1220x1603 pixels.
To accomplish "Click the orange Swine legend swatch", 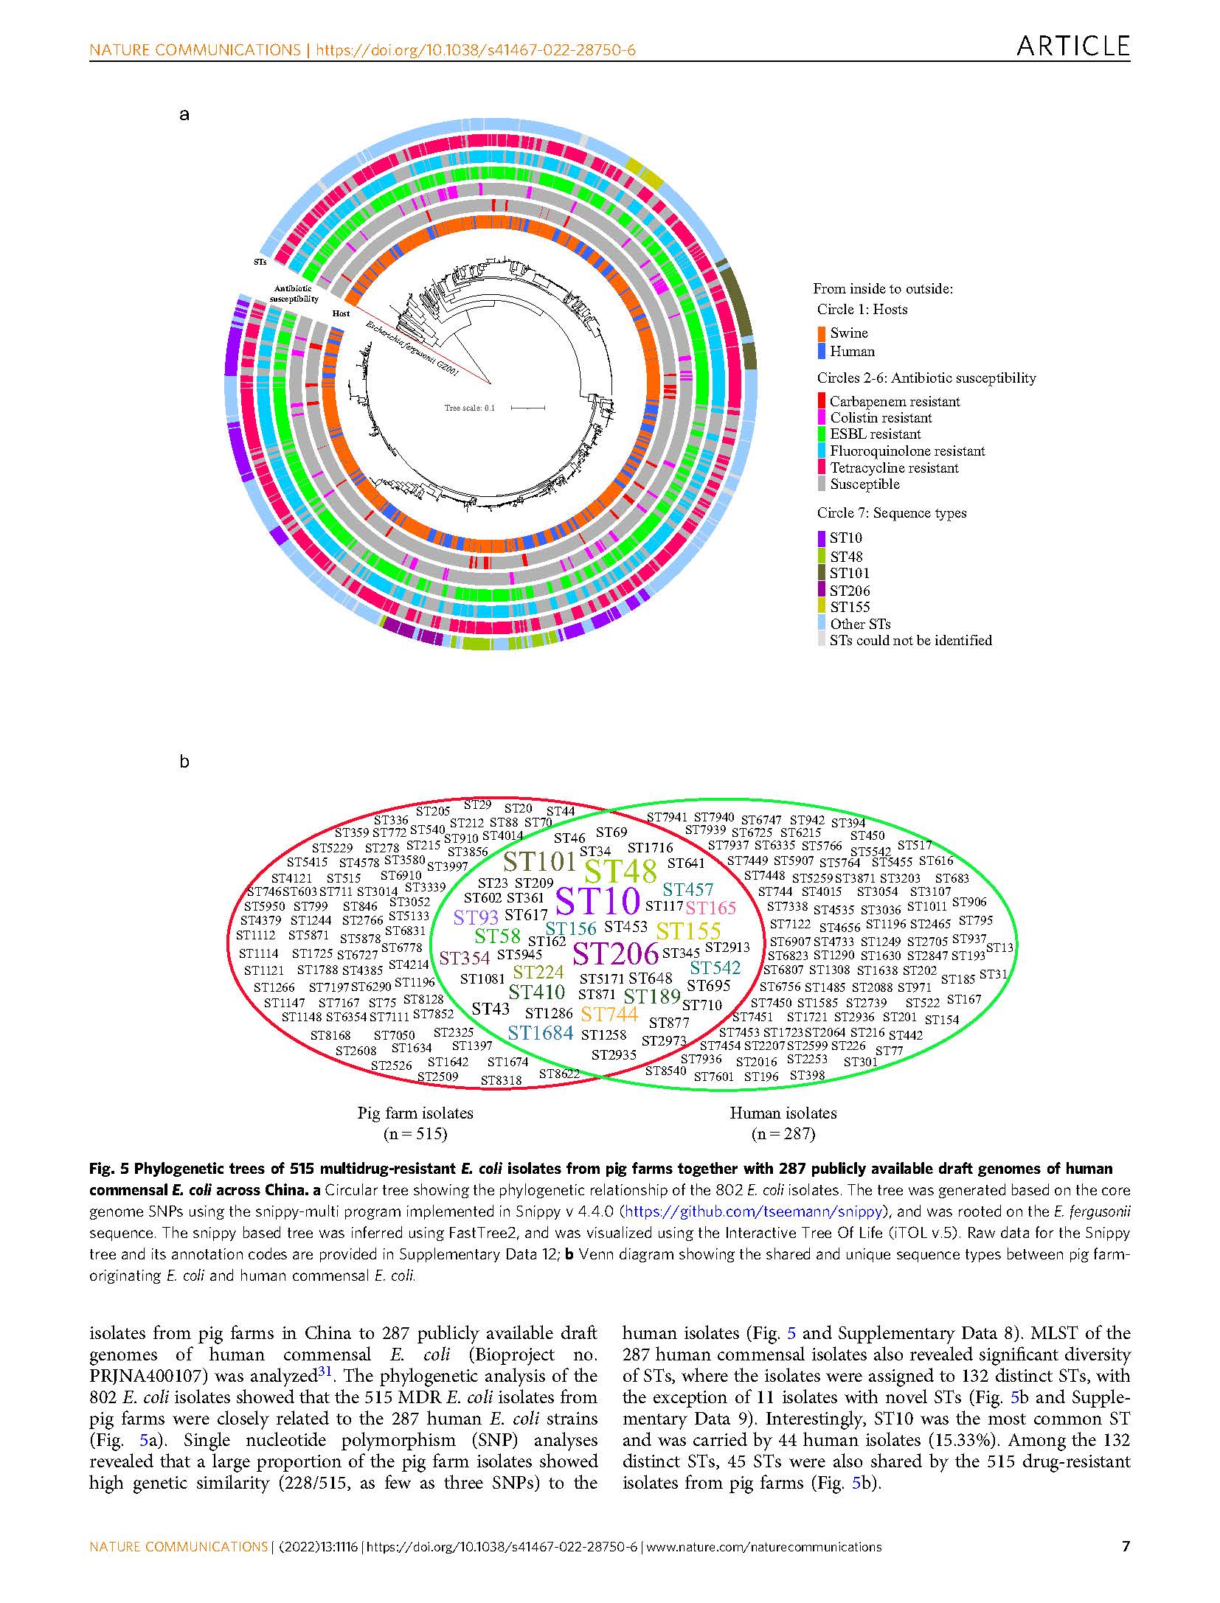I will (822, 333).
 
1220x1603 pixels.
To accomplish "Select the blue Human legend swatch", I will (822, 352).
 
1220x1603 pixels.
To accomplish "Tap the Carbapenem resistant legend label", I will (894, 402).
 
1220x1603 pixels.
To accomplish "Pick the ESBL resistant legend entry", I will (875, 434).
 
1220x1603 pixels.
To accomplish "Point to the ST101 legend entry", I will (849, 573).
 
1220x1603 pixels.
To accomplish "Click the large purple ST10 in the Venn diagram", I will (597, 901).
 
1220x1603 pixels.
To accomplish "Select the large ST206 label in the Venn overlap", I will (615, 954).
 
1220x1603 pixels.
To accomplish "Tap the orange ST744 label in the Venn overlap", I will (609, 1015).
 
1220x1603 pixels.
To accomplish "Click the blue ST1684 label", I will (541, 1033).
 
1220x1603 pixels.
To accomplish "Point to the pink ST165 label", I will (711, 908).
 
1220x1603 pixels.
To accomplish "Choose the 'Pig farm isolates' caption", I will (415, 1113).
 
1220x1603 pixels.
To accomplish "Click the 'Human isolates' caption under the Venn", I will (783, 1113).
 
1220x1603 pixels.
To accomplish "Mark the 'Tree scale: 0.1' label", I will (470, 408).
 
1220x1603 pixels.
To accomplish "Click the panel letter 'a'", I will (184, 114).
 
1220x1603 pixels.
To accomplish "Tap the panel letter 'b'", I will (184, 762).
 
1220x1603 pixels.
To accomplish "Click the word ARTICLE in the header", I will (1073, 46).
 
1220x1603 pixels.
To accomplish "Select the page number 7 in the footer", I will (1126, 1541).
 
